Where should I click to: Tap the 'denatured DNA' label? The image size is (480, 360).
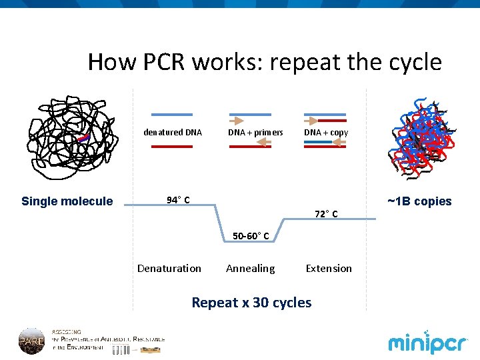173,132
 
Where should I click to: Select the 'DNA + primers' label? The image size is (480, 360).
255,132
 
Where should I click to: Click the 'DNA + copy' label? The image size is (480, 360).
326,132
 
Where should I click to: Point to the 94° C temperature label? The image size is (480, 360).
178,200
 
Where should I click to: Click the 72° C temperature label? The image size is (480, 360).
326,214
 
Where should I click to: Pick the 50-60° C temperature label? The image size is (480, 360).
251,235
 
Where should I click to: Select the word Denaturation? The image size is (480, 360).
169,268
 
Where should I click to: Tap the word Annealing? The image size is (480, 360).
250,268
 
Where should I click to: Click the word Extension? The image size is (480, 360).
329,268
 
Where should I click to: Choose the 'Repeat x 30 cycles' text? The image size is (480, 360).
251,303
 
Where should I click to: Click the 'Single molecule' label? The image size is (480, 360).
67,201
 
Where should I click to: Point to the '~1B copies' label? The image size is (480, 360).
419,201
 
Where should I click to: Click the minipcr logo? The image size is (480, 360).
428,343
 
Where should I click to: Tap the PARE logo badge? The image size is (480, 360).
31,341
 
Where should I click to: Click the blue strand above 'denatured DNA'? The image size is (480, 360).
172,115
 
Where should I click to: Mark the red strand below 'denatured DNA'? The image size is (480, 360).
172,146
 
